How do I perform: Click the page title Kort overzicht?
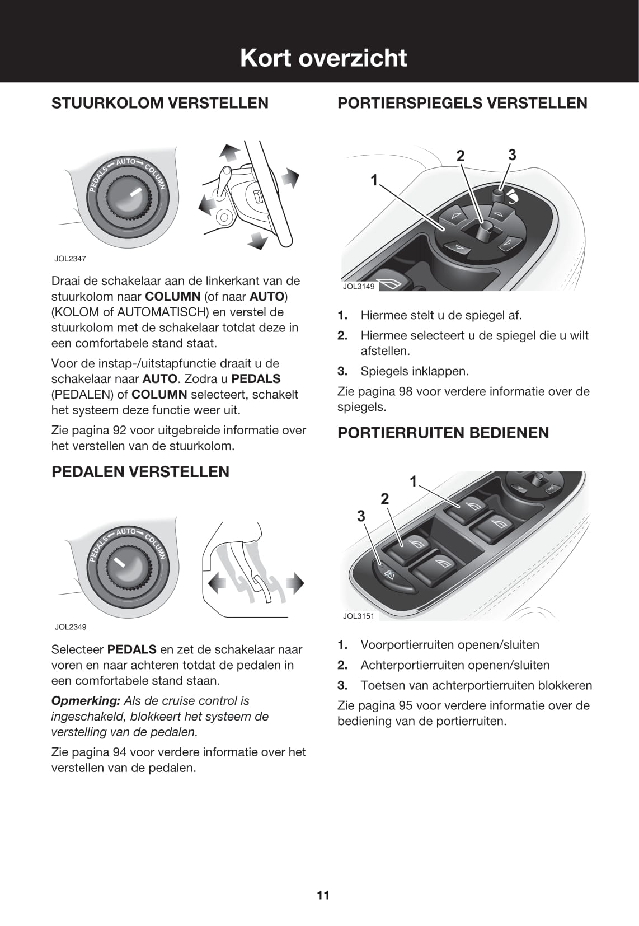(323, 58)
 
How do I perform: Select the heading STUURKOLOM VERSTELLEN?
(160, 103)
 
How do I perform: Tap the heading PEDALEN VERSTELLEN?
(140, 471)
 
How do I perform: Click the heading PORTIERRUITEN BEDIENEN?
(443, 432)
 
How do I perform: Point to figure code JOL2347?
(70, 259)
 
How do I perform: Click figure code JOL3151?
(358, 616)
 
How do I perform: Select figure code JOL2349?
(71, 627)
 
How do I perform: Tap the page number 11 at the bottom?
(323, 895)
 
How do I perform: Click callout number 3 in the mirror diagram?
(512, 155)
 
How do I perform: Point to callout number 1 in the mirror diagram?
(374, 180)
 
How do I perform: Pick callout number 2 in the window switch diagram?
(385, 498)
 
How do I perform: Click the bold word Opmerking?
(86, 701)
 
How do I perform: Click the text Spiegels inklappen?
(415, 371)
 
